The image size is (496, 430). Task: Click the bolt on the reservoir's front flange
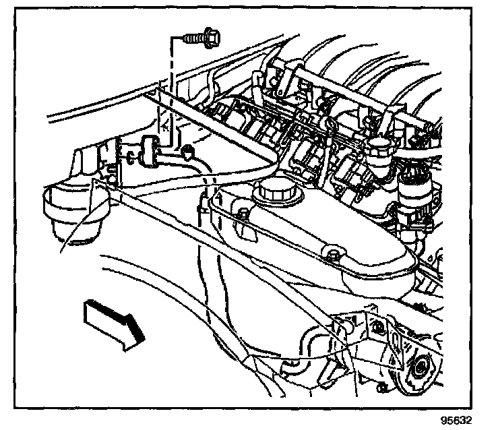332,254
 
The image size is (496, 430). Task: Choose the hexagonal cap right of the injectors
379,146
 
